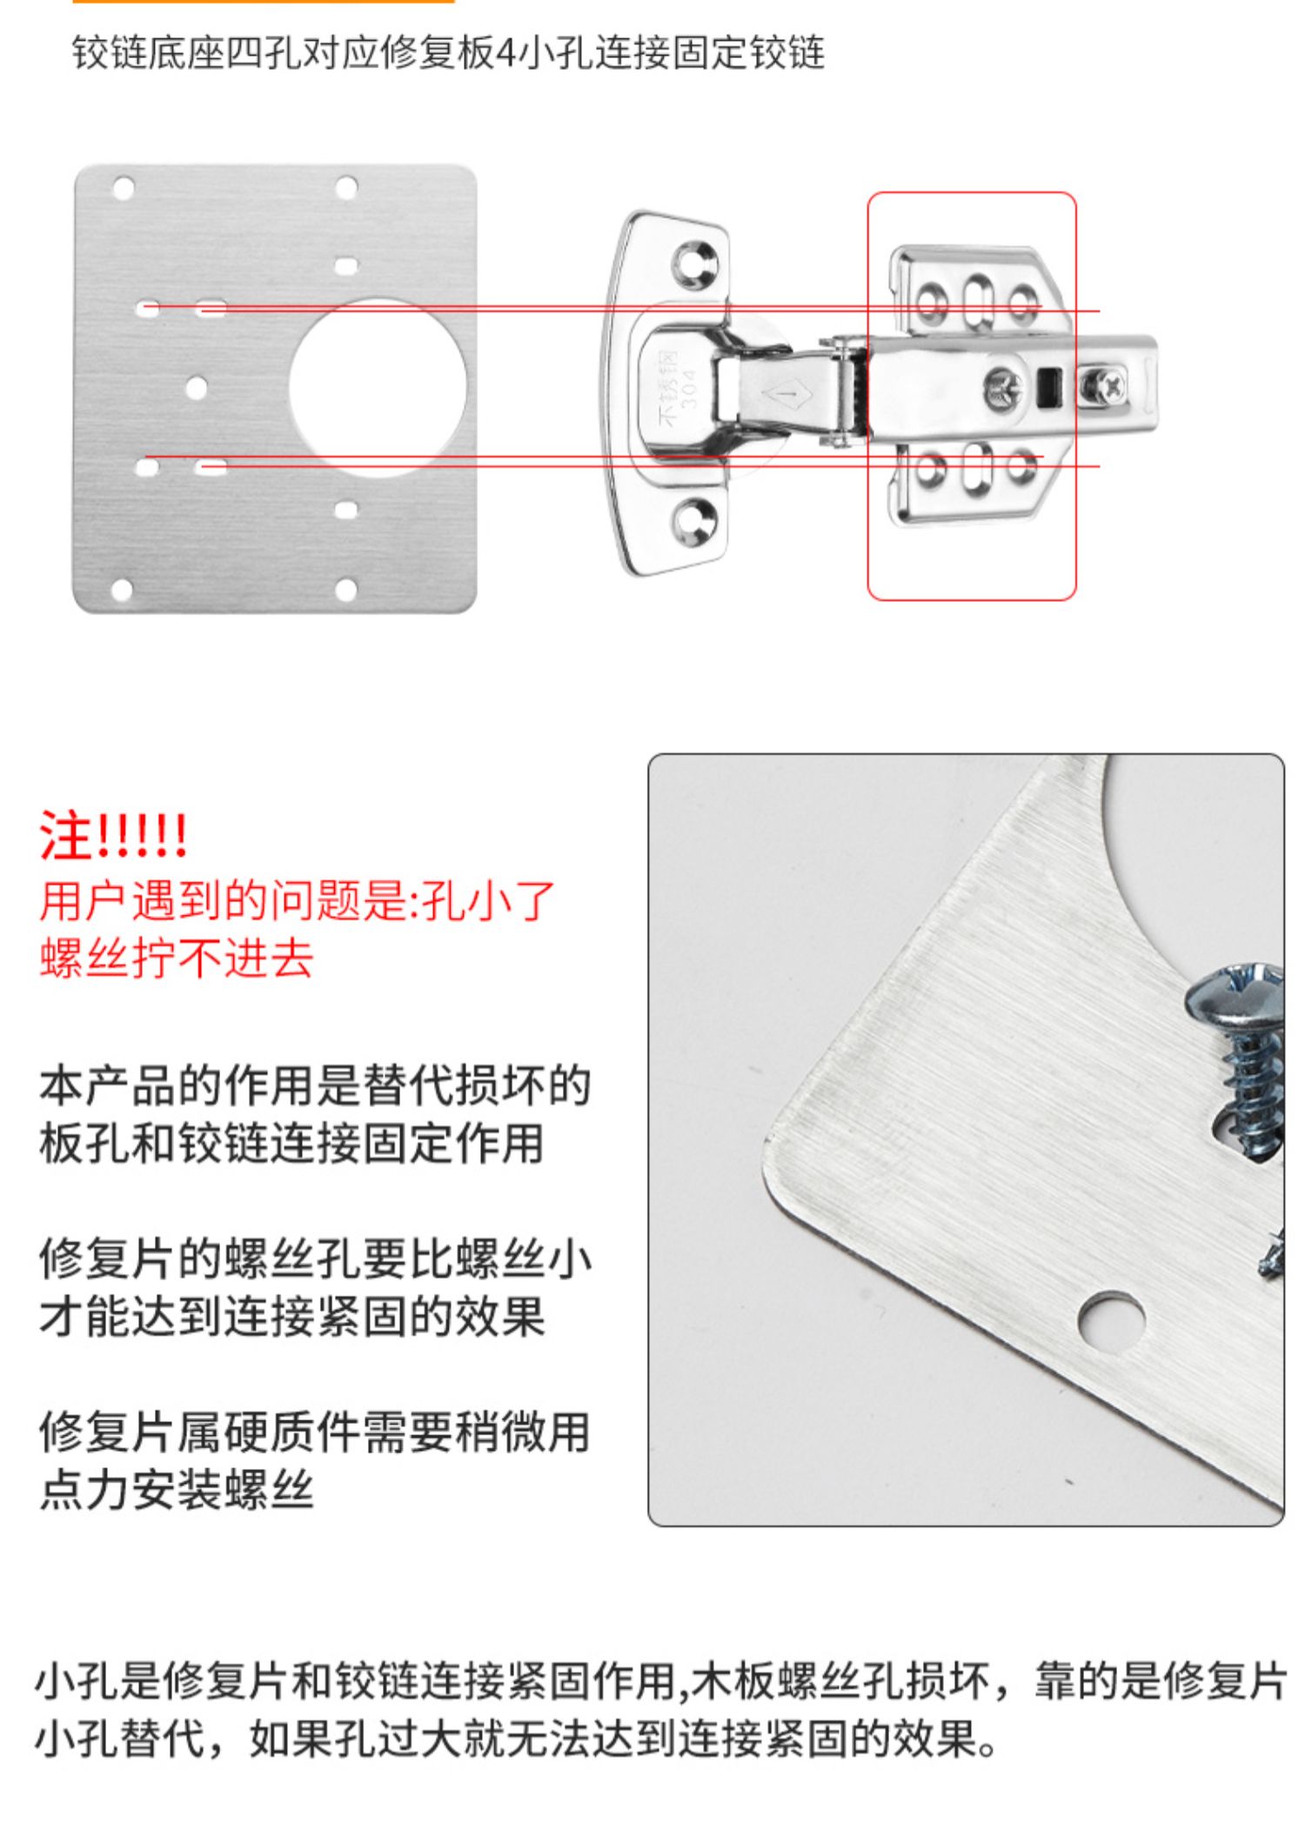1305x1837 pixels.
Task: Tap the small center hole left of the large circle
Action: tap(197, 388)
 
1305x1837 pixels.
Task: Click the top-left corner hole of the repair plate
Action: tap(124, 188)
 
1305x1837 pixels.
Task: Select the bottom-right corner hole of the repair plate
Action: tap(345, 591)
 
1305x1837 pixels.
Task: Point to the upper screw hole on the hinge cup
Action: tap(695, 264)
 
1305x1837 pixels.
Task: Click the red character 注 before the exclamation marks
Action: tap(65, 837)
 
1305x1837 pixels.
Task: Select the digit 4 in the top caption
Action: tap(505, 54)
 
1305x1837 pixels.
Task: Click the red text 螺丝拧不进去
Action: tap(177, 959)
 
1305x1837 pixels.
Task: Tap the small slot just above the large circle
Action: tap(346, 265)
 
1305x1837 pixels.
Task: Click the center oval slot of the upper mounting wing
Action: tap(978, 301)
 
